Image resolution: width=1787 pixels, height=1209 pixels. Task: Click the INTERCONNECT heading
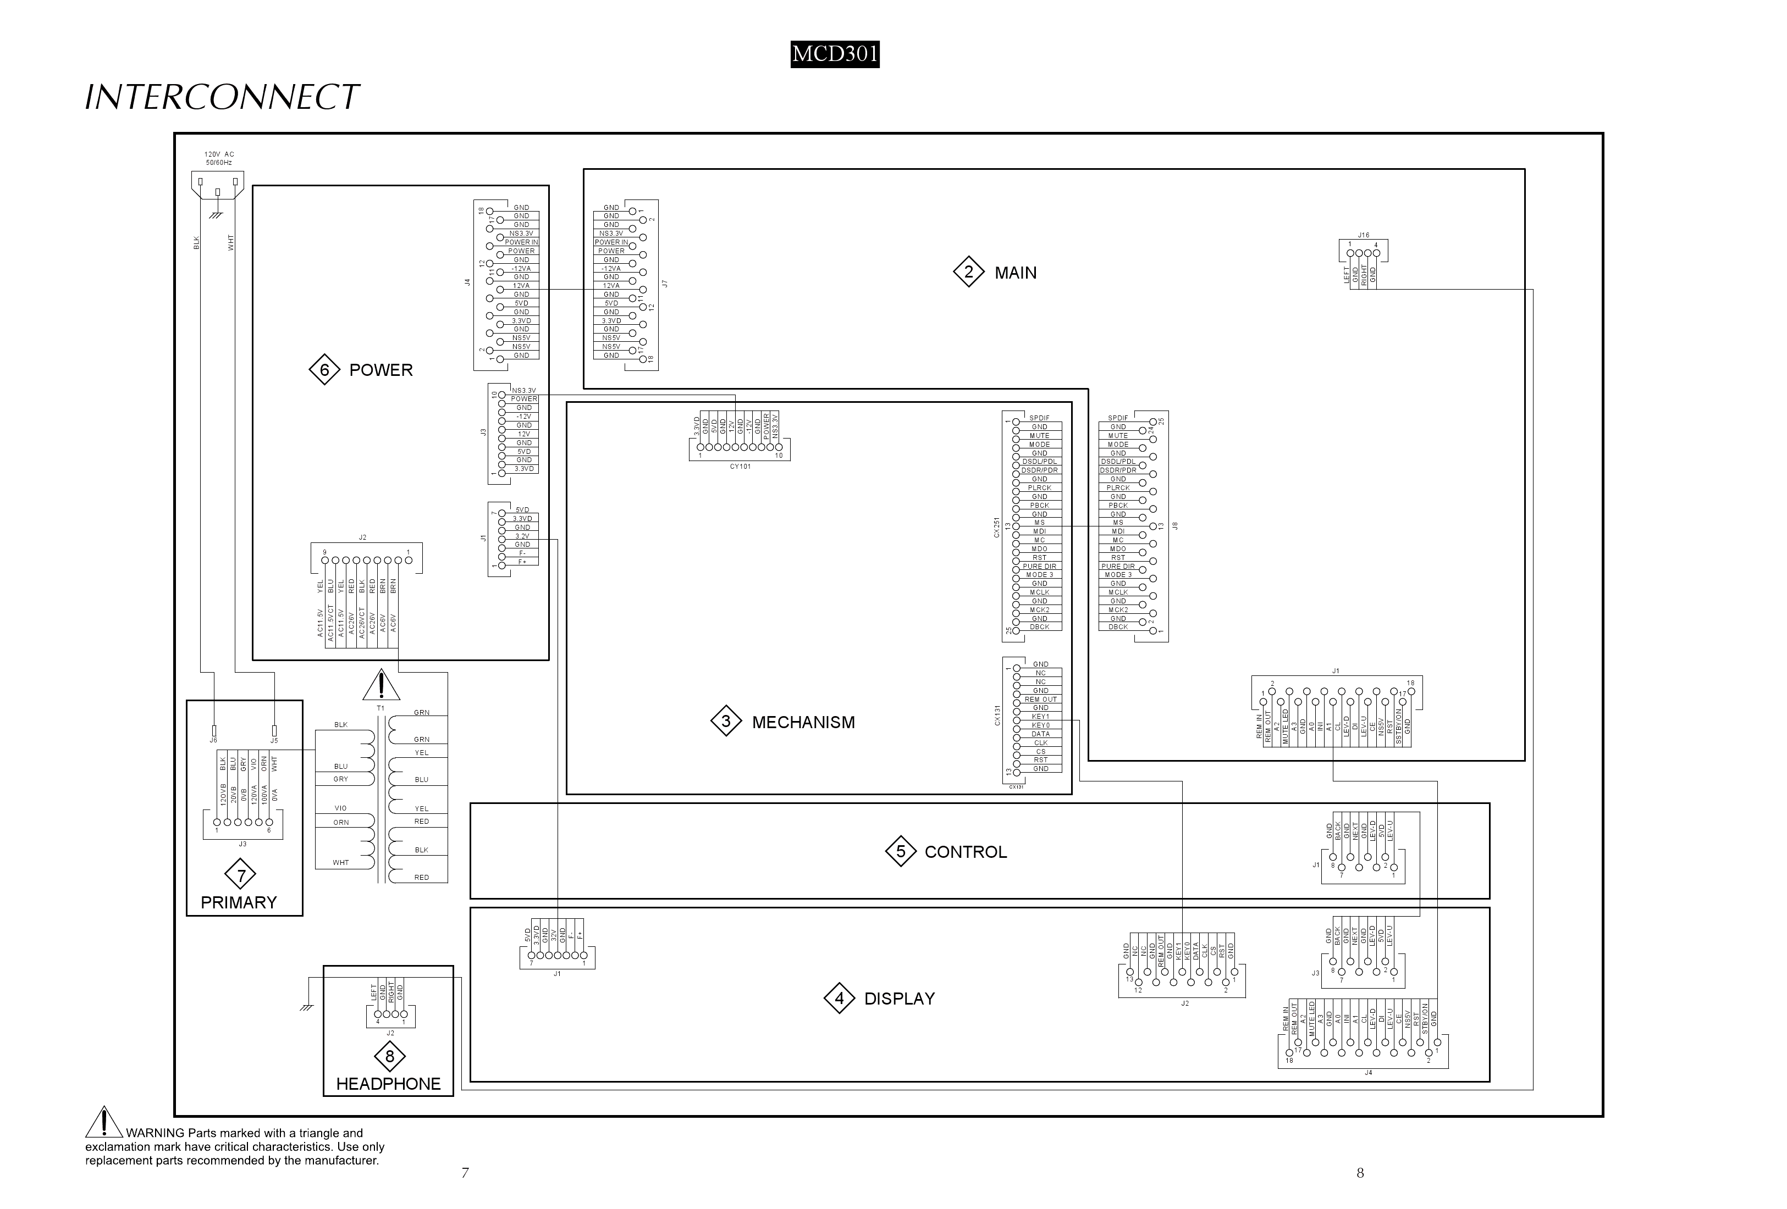point(222,98)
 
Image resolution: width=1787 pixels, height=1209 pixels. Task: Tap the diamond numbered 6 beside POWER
point(324,370)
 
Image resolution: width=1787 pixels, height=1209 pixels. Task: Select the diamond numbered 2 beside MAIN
point(968,272)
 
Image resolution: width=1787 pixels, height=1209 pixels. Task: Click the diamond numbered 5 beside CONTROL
point(901,852)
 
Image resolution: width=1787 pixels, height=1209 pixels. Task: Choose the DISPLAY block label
point(899,999)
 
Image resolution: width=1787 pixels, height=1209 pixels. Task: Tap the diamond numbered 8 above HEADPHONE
point(389,1056)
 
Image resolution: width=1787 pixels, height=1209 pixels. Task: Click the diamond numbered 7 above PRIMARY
point(241,875)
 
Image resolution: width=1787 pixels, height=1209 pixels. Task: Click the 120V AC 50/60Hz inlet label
point(219,158)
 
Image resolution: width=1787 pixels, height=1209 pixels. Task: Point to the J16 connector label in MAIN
point(1363,235)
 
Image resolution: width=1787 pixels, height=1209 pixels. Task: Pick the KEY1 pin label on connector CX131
point(1040,716)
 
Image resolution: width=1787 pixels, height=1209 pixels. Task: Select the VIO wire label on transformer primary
point(341,808)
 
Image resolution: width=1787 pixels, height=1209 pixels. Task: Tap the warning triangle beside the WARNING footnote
point(104,1123)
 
